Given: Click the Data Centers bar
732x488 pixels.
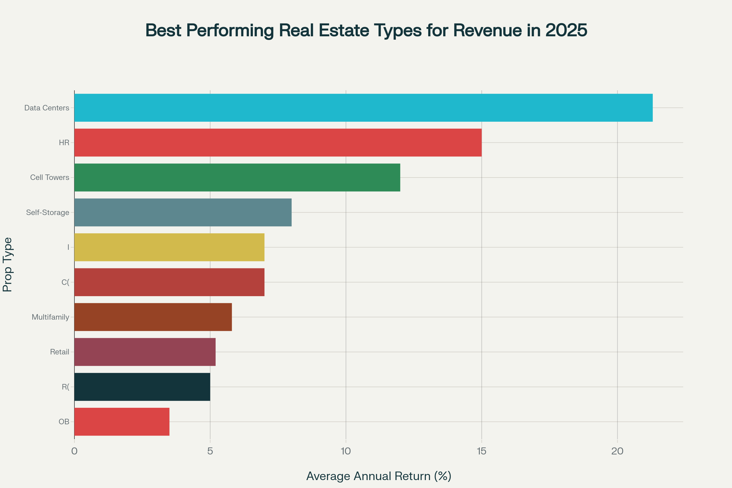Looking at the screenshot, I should tap(363, 108).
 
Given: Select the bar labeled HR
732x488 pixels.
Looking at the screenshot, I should tap(278, 142).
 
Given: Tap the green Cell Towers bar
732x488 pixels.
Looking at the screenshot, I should tap(237, 178).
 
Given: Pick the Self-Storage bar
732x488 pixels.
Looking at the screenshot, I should tap(183, 212).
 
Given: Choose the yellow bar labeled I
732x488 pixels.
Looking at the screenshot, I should tap(169, 247).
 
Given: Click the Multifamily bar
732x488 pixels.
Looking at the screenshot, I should tap(153, 317).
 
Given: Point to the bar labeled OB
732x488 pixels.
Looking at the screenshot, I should tap(122, 422).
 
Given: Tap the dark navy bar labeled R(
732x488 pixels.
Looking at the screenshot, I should tap(142, 386).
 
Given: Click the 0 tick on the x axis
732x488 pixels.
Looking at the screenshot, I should tap(74, 451).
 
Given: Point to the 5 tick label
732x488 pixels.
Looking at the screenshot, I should tap(210, 451).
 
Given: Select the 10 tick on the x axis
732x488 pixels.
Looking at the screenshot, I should tap(346, 451).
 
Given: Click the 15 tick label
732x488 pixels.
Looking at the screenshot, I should tap(482, 451).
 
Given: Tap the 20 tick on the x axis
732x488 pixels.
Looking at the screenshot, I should tap(617, 451).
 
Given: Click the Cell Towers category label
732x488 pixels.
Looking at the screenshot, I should tap(50, 178).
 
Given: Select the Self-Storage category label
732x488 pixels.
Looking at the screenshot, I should tap(48, 213).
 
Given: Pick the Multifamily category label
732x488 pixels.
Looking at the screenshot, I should tap(50, 317).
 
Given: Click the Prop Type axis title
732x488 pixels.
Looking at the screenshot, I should tap(7, 264).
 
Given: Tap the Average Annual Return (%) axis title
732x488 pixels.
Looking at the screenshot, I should tap(379, 476).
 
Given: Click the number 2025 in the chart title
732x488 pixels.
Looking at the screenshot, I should tap(566, 30).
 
